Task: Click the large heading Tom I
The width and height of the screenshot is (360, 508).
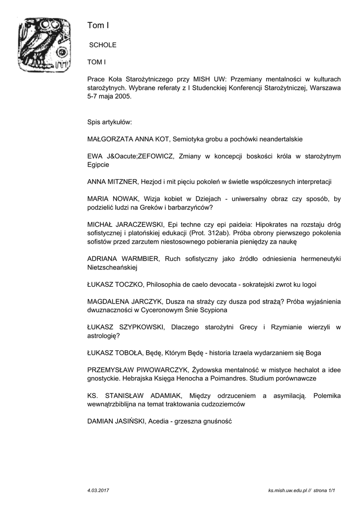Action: [98, 25]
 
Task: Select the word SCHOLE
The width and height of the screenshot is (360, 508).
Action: [102, 45]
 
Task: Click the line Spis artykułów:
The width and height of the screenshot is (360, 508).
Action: [109, 122]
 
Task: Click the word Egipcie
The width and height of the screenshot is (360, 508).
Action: [98, 165]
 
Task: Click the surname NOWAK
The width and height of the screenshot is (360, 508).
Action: [122, 199]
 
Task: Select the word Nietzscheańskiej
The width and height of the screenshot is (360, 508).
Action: [112, 267]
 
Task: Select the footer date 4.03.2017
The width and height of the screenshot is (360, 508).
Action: [98, 490]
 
